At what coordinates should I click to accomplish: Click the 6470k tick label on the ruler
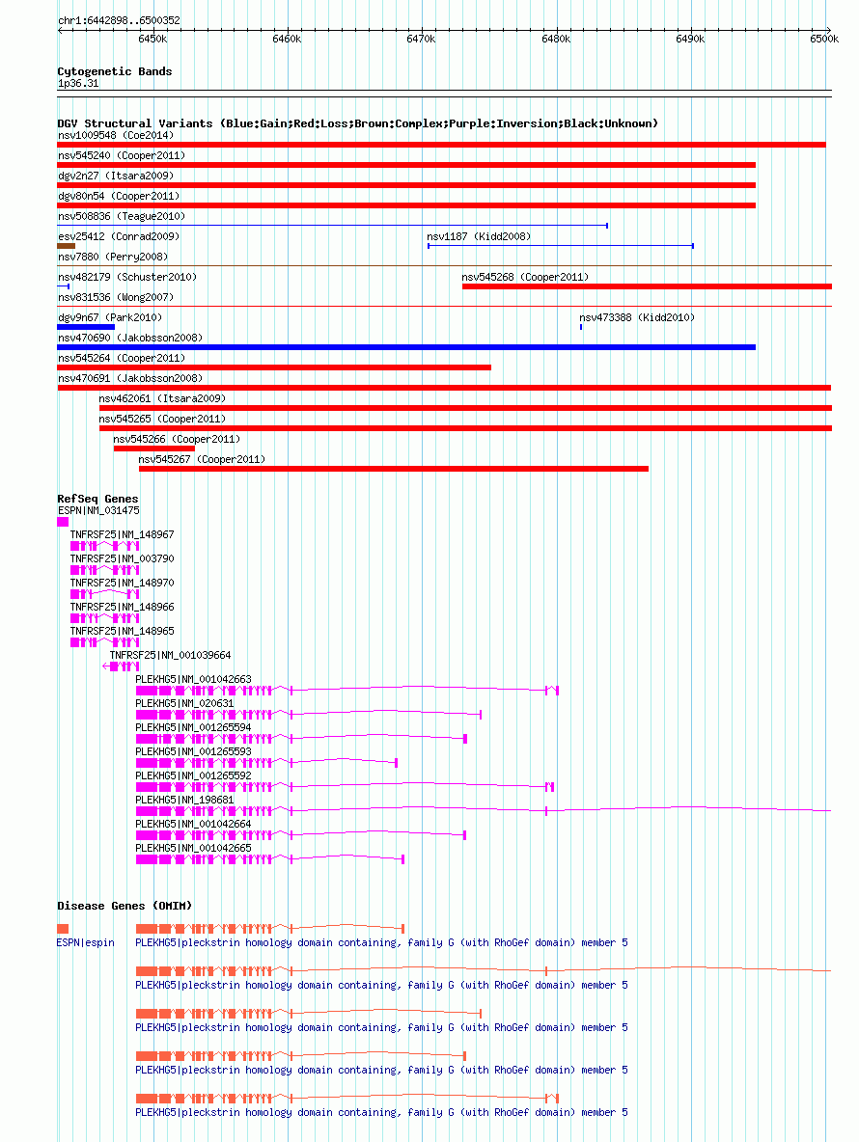click(x=421, y=39)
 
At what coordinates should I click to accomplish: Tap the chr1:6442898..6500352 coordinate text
click(x=119, y=20)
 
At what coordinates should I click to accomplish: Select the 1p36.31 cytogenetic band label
click(x=78, y=83)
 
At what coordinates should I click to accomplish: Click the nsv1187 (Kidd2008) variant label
click(x=479, y=236)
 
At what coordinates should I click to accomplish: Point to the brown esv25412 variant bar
click(x=67, y=246)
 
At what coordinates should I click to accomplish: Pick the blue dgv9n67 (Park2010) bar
click(x=86, y=327)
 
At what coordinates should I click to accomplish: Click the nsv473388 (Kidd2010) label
click(x=637, y=317)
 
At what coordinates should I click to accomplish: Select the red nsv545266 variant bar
click(x=153, y=449)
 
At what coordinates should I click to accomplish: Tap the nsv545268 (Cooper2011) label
click(x=525, y=277)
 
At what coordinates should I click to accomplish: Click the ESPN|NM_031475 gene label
click(x=98, y=510)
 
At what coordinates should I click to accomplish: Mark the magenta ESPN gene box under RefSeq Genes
click(x=63, y=522)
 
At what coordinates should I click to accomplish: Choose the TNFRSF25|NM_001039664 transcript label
click(x=170, y=655)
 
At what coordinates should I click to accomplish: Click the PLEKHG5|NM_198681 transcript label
click(x=184, y=800)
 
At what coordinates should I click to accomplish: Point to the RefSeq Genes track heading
click(x=97, y=499)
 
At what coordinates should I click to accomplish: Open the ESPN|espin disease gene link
click(x=85, y=942)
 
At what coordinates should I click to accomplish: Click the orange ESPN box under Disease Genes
click(x=63, y=929)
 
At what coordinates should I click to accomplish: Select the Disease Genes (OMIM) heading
click(x=125, y=906)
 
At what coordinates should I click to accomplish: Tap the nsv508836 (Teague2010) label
click(x=121, y=216)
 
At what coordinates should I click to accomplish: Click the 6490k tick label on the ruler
click(x=690, y=39)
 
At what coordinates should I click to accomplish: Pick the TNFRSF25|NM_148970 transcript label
click(x=122, y=583)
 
